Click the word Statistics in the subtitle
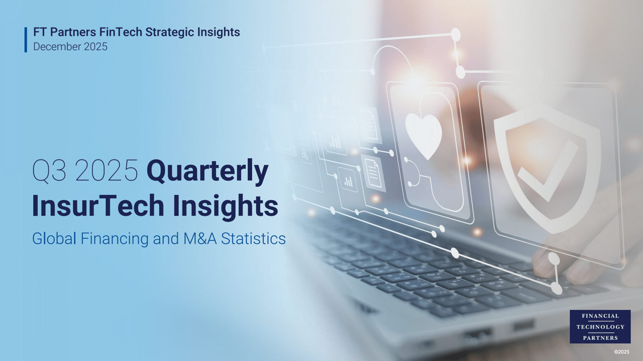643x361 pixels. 253,239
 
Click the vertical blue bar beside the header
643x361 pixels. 26,40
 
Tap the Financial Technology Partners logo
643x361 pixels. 600,326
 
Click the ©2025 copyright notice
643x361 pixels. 621,352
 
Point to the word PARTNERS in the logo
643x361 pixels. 600,338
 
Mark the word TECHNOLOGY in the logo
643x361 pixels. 600,327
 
